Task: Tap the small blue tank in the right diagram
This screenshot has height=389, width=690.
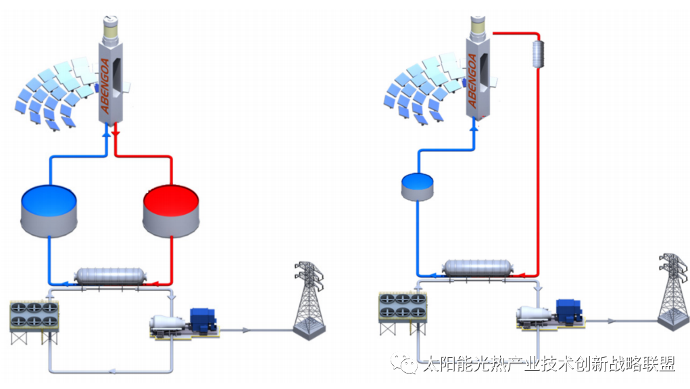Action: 416,186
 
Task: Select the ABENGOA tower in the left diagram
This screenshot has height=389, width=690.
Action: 112,81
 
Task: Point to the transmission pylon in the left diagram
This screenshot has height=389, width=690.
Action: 309,301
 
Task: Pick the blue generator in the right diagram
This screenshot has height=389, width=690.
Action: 568,312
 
